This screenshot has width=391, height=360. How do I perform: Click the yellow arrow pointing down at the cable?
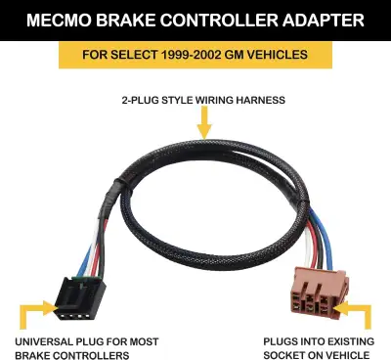pyautogui.click(x=202, y=121)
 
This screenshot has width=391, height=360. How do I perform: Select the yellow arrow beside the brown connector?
pyautogui.click(x=358, y=315)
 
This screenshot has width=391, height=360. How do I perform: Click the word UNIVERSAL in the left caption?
pyautogui.click(x=47, y=340)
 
